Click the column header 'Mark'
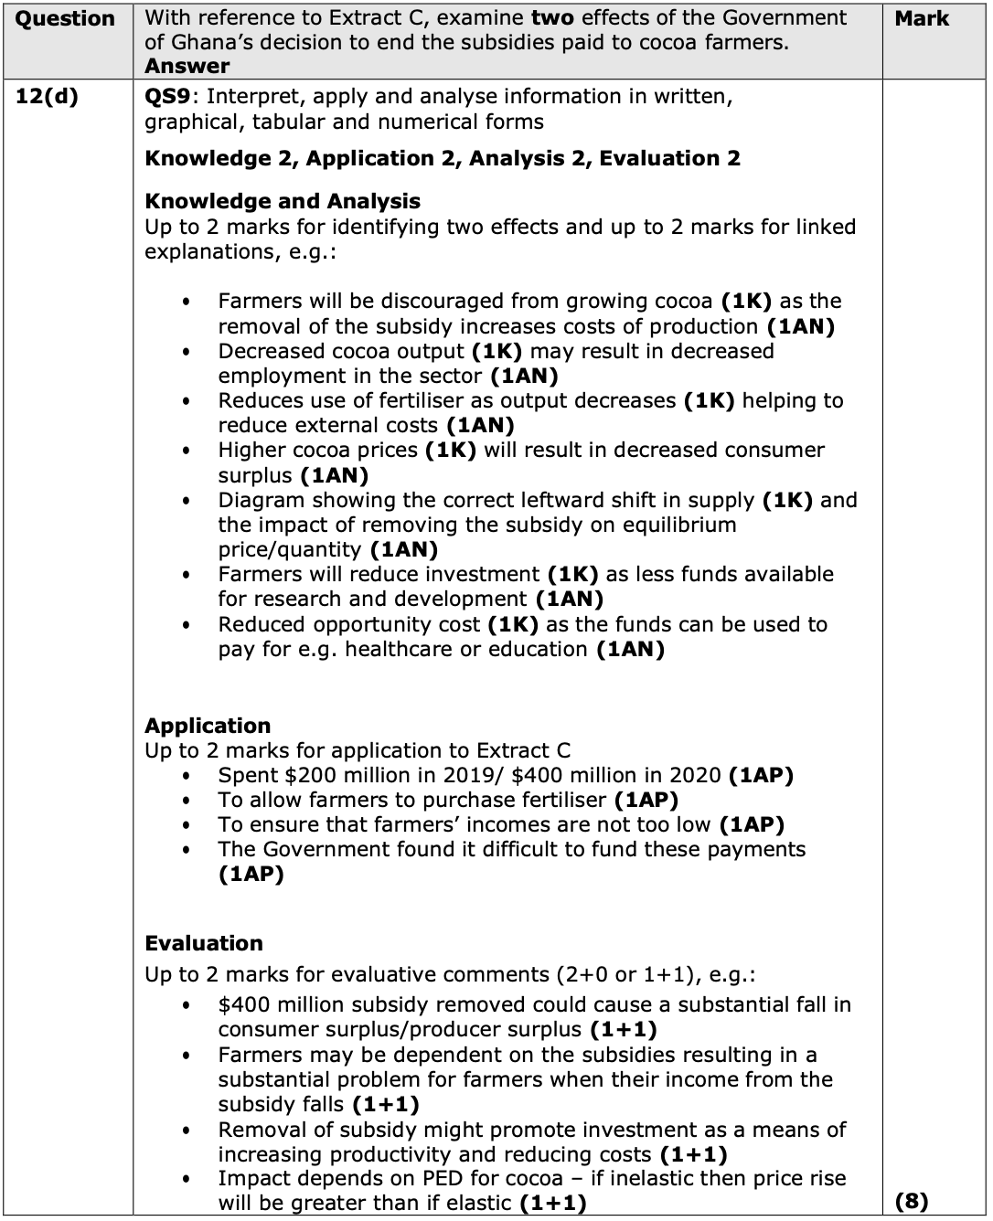(921, 18)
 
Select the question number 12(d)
(48, 97)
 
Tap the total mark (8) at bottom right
(912, 1201)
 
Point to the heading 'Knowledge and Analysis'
(283, 201)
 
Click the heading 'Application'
(208, 726)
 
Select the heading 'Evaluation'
(204, 943)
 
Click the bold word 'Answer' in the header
(187, 66)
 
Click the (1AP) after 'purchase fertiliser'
(646, 800)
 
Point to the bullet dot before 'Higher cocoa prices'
(187, 451)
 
